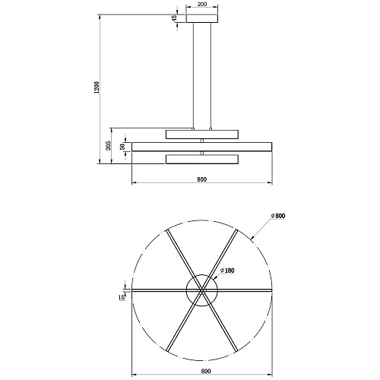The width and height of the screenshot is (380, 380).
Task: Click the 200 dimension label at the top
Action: [x=201, y=5]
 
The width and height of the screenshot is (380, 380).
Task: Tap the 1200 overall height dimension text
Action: [x=97, y=87]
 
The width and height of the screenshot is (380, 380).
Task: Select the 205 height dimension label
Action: [x=109, y=146]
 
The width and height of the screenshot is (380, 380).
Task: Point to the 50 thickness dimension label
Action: [x=122, y=147]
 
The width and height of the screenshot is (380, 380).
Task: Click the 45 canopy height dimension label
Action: [x=174, y=18]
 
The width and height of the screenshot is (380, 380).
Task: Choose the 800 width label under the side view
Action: [x=202, y=179]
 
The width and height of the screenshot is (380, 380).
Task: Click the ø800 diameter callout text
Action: [x=278, y=216]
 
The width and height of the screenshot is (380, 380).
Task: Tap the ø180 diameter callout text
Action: [x=227, y=271]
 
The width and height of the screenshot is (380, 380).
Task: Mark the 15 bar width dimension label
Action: [x=122, y=297]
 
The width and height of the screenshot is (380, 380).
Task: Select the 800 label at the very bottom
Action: [x=206, y=372]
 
